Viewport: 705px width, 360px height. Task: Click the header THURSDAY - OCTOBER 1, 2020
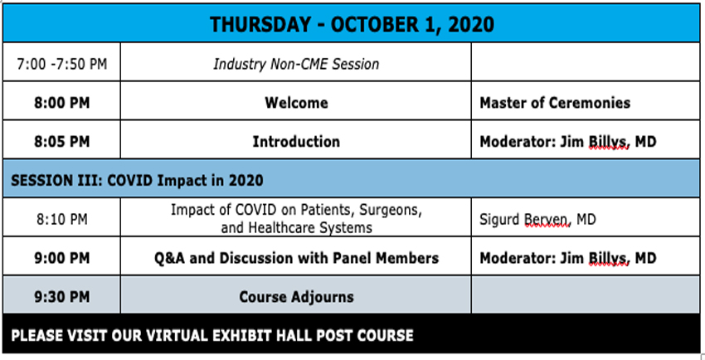coord(352,24)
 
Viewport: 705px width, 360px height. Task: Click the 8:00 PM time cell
coord(62,103)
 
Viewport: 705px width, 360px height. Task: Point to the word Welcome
coord(296,103)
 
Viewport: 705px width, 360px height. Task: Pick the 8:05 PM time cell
coord(62,142)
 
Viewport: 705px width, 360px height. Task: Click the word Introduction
coord(296,142)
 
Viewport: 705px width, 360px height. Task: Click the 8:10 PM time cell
coord(62,219)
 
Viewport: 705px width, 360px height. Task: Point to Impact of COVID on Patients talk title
coord(296,219)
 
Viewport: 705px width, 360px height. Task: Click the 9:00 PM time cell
coord(62,258)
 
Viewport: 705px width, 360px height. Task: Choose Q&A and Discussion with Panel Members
coord(296,258)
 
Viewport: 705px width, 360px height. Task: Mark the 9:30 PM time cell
coord(62,296)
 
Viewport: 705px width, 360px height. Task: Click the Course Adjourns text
coord(296,296)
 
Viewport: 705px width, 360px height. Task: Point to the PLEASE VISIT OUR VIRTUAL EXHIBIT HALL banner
coord(212,336)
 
